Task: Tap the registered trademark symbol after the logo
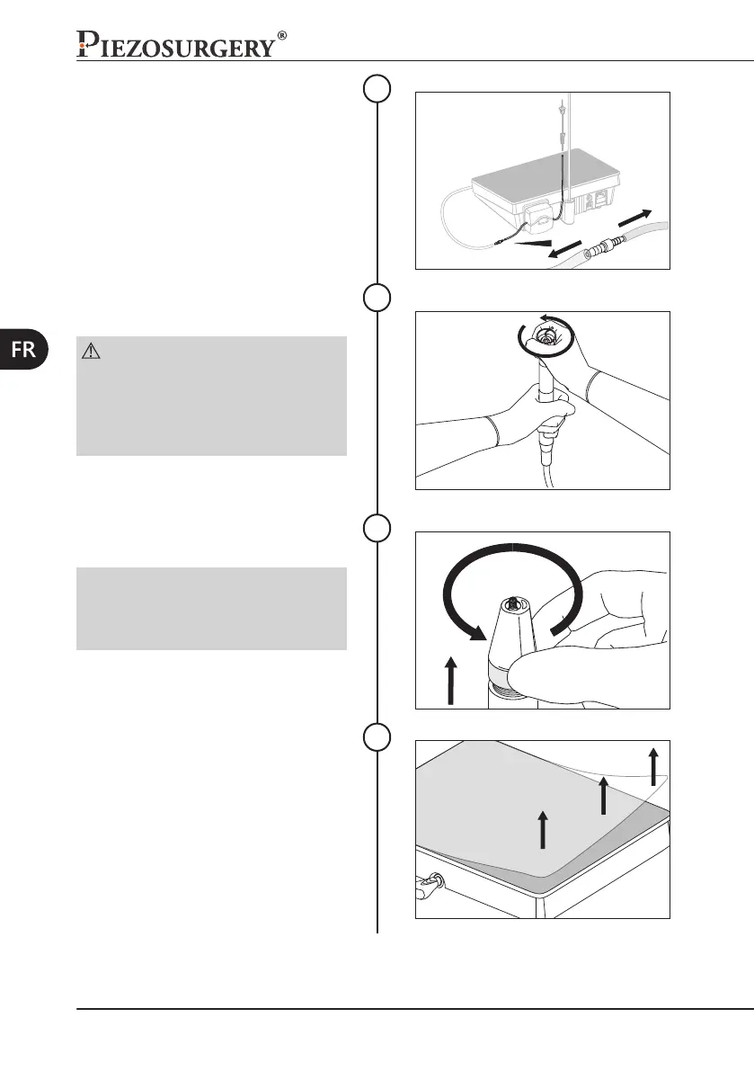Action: (x=282, y=36)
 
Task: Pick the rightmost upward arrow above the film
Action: (x=653, y=765)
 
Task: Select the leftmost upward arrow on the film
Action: (x=543, y=827)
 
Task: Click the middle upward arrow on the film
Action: (x=603, y=796)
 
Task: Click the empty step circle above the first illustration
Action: (x=377, y=88)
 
